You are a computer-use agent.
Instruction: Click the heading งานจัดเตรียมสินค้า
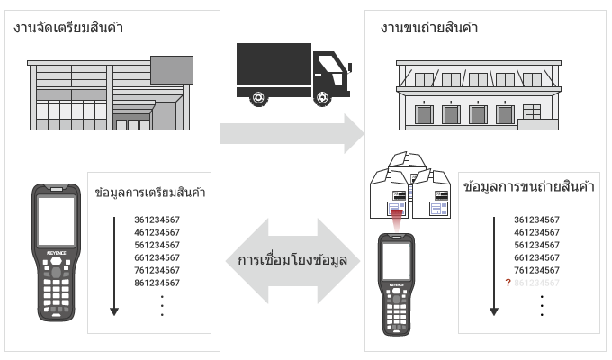(x=68, y=28)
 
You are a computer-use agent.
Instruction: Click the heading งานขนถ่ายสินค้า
(x=430, y=28)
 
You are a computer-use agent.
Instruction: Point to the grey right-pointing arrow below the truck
(x=292, y=133)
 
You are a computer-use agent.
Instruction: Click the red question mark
(x=508, y=283)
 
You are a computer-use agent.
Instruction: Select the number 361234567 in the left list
(x=157, y=220)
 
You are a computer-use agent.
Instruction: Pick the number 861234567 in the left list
(x=157, y=283)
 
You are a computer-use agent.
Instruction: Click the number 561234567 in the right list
(x=536, y=245)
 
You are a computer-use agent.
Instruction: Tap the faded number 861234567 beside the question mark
(x=536, y=283)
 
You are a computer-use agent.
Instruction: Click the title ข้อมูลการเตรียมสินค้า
(x=149, y=193)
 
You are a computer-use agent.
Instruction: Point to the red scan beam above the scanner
(x=395, y=217)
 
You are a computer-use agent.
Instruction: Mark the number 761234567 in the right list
(x=536, y=270)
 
